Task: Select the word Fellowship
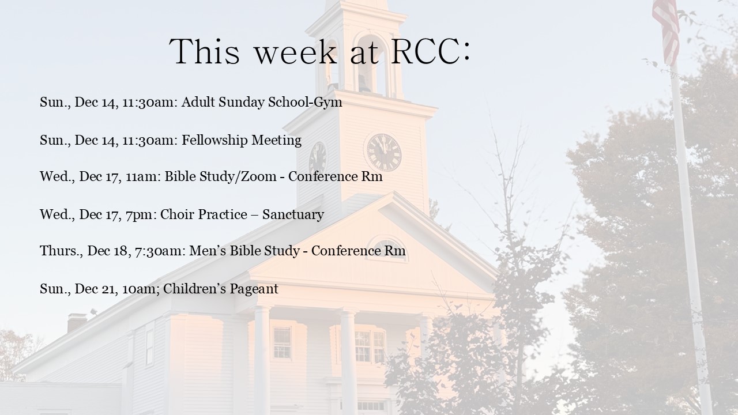click(x=214, y=140)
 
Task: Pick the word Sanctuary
click(x=293, y=215)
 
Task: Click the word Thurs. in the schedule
click(x=61, y=251)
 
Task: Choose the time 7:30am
click(x=158, y=251)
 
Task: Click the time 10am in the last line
click(x=140, y=289)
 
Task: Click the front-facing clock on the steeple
click(x=384, y=153)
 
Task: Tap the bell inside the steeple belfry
click(x=364, y=82)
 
